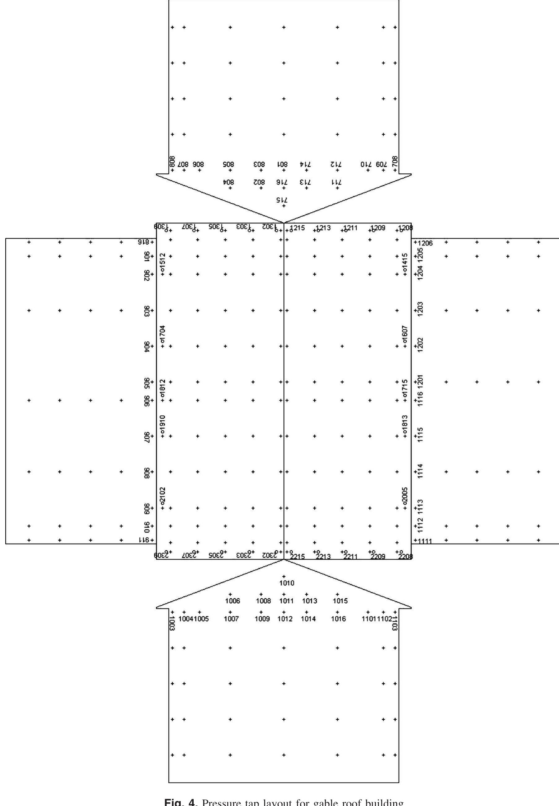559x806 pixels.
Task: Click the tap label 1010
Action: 286,583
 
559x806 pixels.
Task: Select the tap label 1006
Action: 232,601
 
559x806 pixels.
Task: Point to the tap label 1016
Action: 338,619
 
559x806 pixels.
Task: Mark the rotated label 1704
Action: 162,334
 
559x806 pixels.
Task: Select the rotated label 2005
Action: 405,496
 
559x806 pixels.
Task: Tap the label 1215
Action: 297,228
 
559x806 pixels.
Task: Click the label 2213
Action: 323,557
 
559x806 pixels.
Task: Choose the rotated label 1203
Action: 421,309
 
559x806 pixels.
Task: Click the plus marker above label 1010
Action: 283,576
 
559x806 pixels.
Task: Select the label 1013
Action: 310,601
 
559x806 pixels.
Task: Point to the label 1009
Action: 262,619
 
